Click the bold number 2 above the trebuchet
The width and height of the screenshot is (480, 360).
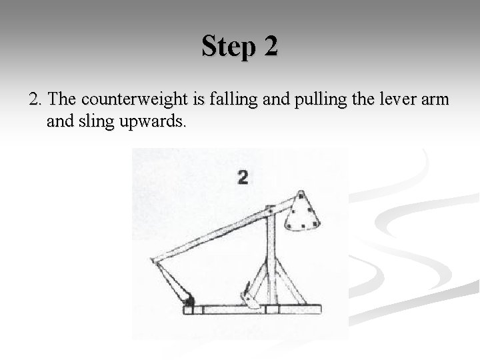click(243, 177)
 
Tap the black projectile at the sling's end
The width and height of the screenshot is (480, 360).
click(190, 301)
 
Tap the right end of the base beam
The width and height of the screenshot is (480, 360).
click(319, 309)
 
